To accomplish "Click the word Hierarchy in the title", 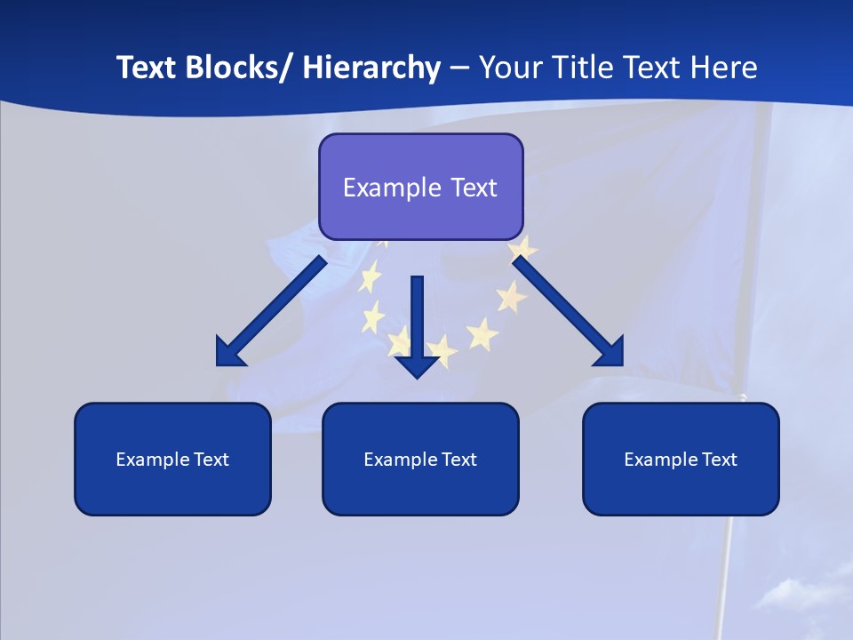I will [x=371, y=68].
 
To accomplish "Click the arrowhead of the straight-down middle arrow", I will [x=417, y=365].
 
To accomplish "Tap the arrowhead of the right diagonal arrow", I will [x=610, y=353].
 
